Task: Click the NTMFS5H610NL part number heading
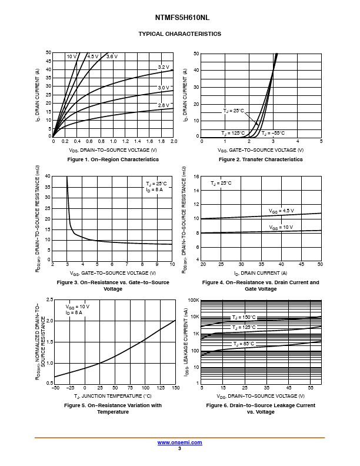pyautogui.click(x=180, y=18)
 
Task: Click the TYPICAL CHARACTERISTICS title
pyautogui.click(x=180, y=34)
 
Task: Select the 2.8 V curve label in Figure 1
pyautogui.click(x=163, y=105)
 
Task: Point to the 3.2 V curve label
pyautogui.click(x=163, y=67)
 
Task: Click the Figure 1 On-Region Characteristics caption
pyautogui.click(x=113, y=159)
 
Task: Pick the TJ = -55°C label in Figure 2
pyautogui.click(x=272, y=134)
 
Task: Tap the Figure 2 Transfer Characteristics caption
pyautogui.click(x=261, y=159)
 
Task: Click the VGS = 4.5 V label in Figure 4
pyautogui.click(x=281, y=211)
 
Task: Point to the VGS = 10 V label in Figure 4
pyautogui.click(x=281, y=227)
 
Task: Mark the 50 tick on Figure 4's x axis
pyautogui.click(x=320, y=265)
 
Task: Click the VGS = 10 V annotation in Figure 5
pyautogui.click(x=77, y=307)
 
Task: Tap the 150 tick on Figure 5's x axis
pyautogui.click(x=175, y=388)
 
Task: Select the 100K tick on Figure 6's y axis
pyautogui.click(x=194, y=300)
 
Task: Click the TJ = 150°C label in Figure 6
pyautogui.click(x=243, y=318)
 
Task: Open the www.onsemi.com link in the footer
pyautogui.click(x=179, y=442)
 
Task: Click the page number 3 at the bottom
pyautogui.click(x=179, y=448)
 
